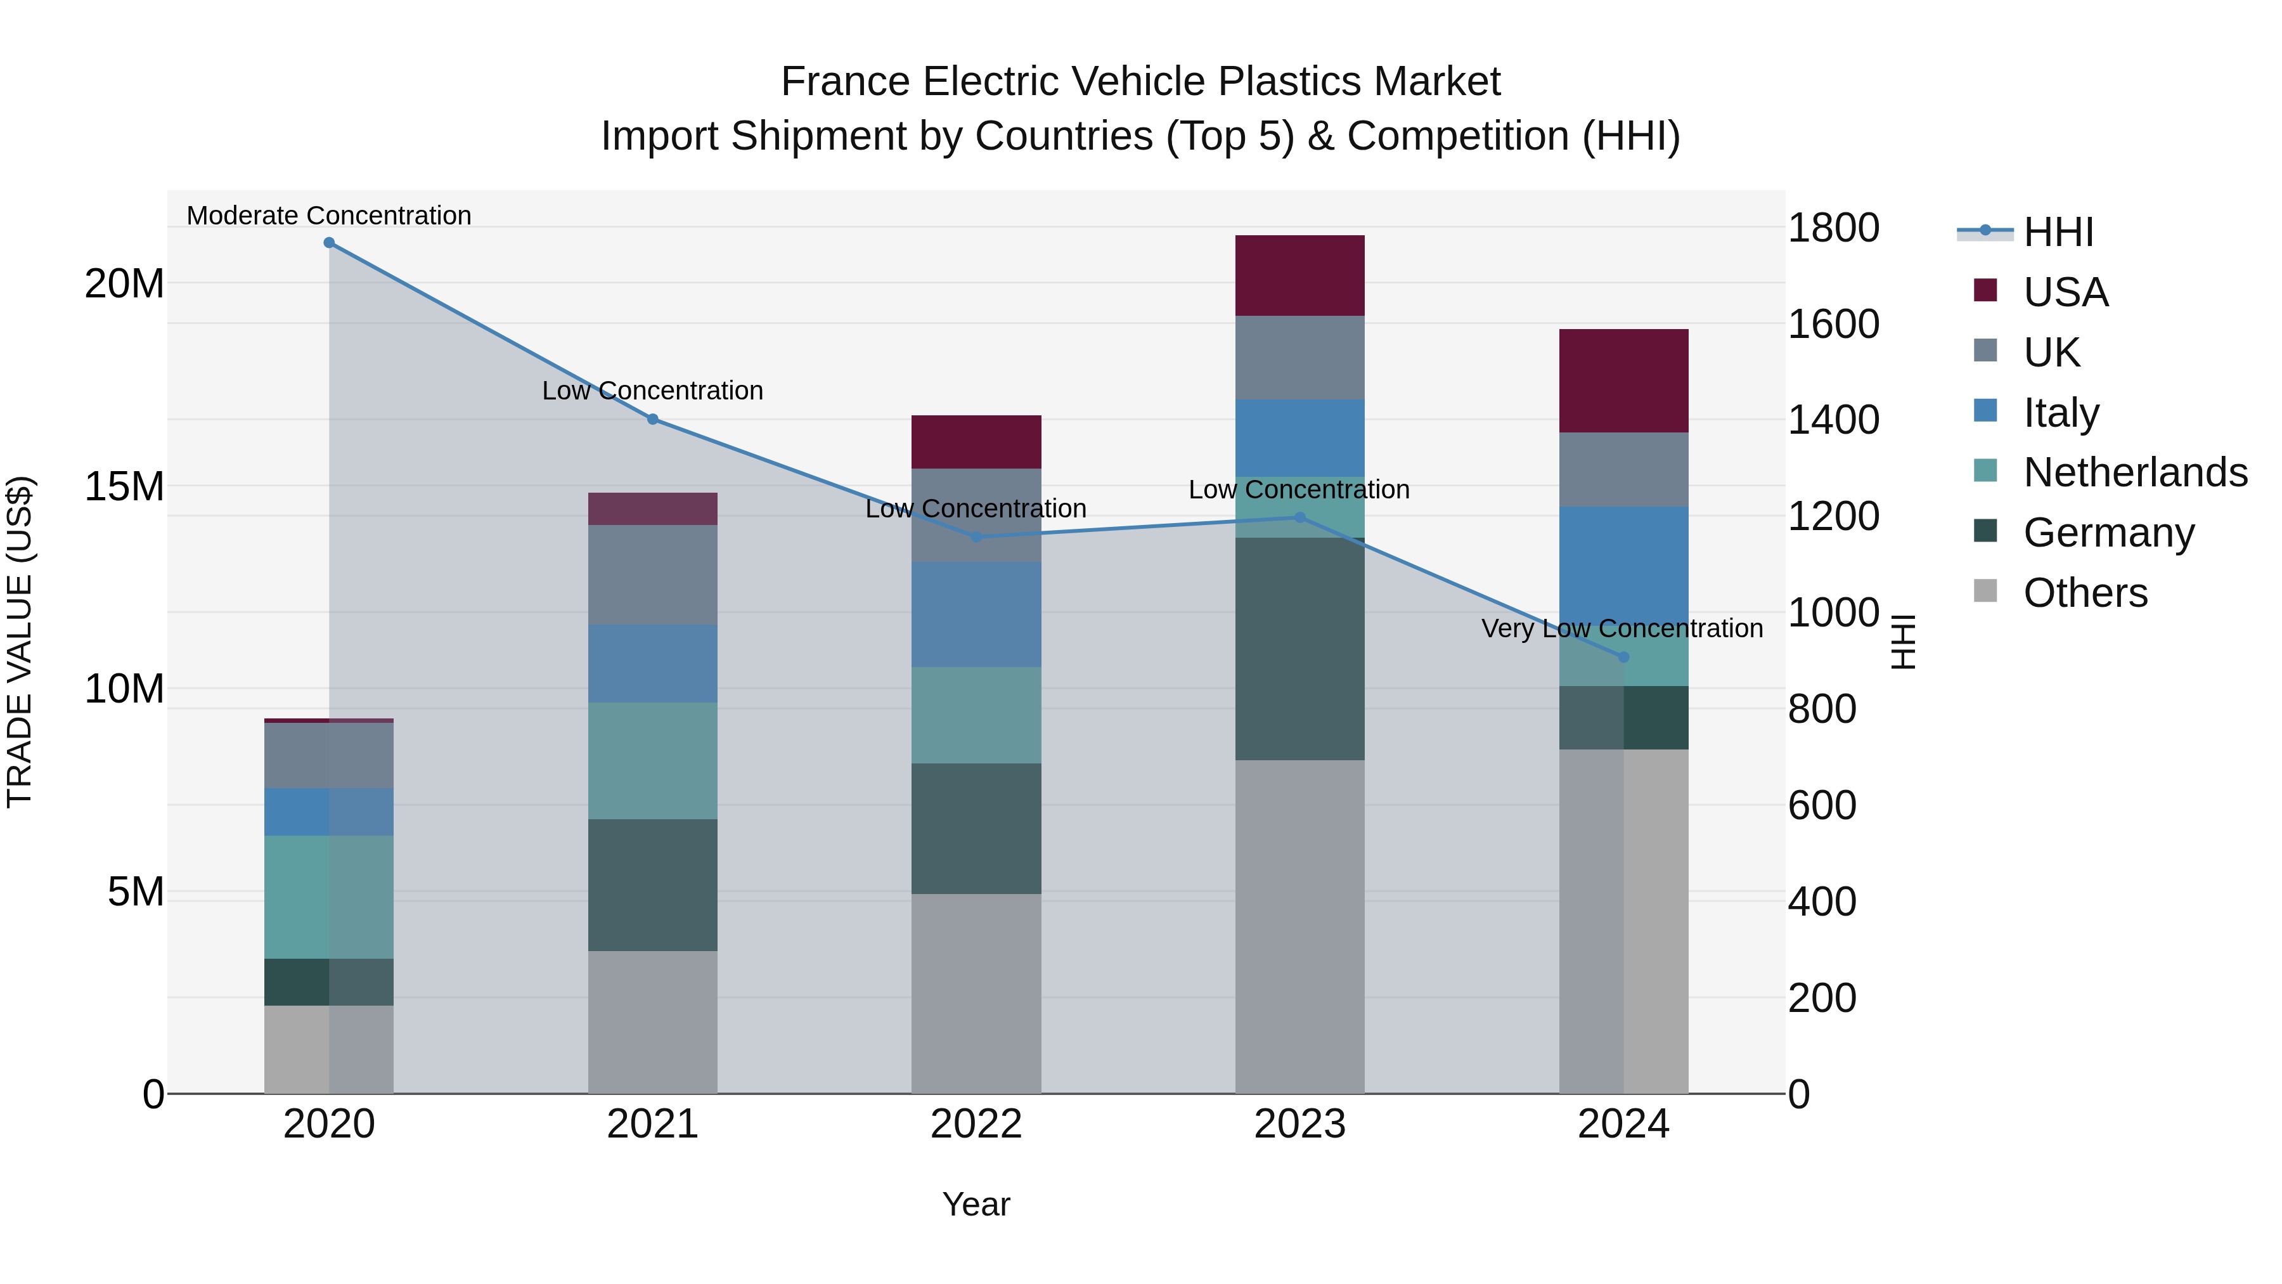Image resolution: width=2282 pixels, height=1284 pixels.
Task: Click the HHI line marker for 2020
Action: (328, 243)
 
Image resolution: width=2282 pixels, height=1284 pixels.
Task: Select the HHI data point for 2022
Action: (976, 537)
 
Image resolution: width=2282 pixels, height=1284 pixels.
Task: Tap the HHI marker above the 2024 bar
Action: (1623, 658)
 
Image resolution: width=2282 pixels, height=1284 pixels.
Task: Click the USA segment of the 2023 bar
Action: (1299, 276)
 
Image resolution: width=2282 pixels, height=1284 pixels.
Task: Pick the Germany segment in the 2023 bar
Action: (1299, 649)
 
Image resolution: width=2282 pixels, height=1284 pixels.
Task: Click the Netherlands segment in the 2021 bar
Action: (653, 760)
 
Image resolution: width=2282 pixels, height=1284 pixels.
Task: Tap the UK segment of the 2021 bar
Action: (653, 574)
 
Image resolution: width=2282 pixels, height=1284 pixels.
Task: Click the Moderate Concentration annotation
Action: (328, 216)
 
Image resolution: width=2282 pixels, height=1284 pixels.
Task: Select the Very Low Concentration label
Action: (1622, 628)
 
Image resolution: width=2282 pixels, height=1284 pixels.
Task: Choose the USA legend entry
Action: (2065, 292)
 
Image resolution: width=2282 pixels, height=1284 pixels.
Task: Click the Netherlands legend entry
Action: (2135, 472)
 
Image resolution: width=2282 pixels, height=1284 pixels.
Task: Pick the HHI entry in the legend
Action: (2058, 232)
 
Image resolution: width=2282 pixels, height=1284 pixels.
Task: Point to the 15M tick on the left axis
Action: (124, 486)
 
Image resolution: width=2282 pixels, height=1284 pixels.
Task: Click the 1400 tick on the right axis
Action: (1833, 420)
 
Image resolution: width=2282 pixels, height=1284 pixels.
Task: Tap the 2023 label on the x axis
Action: (1299, 1124)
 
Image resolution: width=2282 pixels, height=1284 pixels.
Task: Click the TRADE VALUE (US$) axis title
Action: (20, 642)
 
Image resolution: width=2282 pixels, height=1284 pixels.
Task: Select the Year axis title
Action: (976, 1204)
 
